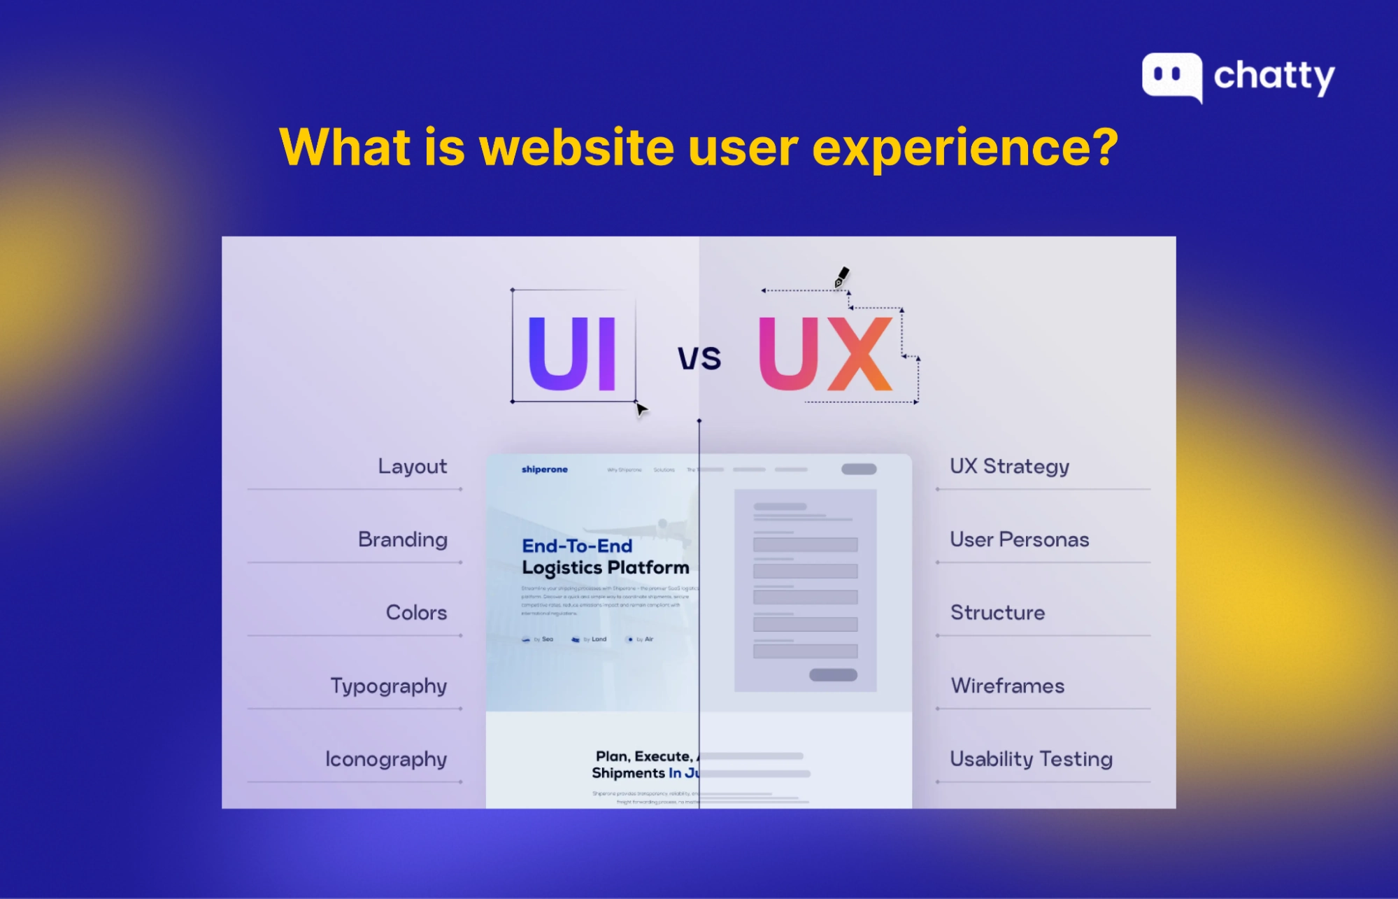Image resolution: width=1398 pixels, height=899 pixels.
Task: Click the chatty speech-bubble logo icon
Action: tap(1171, 76)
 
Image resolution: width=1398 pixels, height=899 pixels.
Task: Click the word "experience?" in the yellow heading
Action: tap(965, 148)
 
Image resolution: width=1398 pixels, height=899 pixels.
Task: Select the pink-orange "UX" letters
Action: tap(826, 353)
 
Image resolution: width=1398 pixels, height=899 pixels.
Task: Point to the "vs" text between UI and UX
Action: tap(699, 358)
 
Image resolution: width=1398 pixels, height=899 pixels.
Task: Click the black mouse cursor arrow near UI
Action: tap(641, 410)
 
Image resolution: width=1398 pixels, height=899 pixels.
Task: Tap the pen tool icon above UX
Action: tap(841, 277)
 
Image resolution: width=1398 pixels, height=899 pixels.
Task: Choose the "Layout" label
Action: tap(412, 467)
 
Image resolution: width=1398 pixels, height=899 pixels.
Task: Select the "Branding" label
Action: tap(402, 539)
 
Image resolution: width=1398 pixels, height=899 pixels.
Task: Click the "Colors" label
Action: tap(416, 613)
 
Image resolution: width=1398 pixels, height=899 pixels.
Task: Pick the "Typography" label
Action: tap(388, 686)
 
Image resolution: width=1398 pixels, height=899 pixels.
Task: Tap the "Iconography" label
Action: tap(385, 759)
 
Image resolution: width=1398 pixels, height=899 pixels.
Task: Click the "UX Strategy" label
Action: tap(1009, 467)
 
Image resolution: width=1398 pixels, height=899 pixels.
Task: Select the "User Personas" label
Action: tap(1019, 539)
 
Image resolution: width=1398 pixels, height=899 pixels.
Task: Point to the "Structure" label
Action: tap(997, 613)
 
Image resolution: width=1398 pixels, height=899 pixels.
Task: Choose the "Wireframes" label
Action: tap(1007, 686)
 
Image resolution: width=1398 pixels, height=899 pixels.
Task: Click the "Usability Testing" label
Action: tap(1031, 759)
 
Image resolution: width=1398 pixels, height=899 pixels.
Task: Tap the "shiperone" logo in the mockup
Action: tap(544, 469)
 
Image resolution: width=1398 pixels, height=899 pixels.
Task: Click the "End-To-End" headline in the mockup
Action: tap(577, 546)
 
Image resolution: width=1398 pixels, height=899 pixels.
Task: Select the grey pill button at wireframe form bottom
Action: tap(833, 675)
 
